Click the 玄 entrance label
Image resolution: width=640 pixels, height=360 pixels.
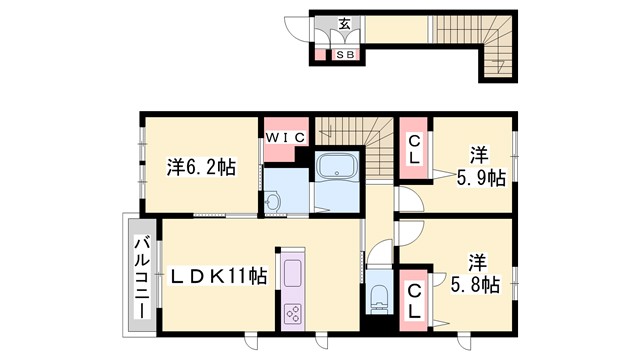(x=344, y=24)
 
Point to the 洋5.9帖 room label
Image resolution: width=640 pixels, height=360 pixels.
(x=479, y=167)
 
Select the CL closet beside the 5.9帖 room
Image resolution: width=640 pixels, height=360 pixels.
(x=413, y=153)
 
